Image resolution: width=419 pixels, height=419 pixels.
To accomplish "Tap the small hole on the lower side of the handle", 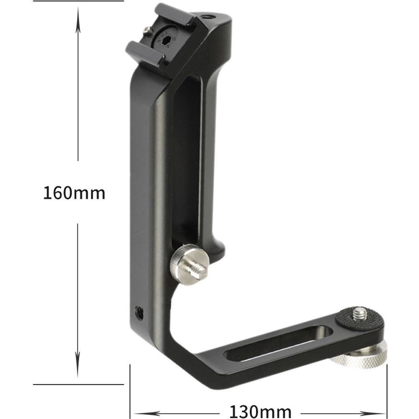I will click(x=138, y=311).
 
